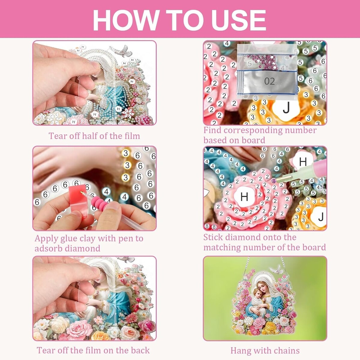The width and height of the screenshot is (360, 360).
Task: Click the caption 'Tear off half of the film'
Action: pyautogui.click(x=94, y=136)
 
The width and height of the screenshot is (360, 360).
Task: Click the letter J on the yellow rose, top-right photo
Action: pyautogui.click(x=286, y=108)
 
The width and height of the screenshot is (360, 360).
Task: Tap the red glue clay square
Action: pyautogui.click(x=79, y=200)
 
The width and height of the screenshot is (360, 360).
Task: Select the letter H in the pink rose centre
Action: pyautogui.click(x=244, y=196)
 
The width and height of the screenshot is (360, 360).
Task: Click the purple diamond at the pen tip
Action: pyautogui.click(x=274, y=181)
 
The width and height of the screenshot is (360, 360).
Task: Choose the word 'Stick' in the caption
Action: pyautogui.click(x=213, y=237)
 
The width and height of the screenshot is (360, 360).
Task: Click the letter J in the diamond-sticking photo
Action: pyautogui.click(x=321, y=217)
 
